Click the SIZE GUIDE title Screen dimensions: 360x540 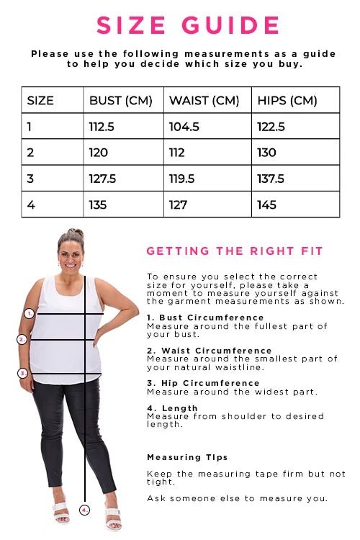[x=188, y=25]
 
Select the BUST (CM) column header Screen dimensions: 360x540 [x=120, y=101]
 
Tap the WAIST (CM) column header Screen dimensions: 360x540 [x=204, y=101]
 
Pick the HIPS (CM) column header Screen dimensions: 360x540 [x=287, y=101]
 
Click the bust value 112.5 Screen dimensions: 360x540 [x=102, y=127]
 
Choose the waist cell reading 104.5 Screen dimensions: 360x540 [x=184, y=127]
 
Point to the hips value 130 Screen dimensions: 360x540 [x=266, y=153]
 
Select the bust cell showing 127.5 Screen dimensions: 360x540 [x=102, y=179]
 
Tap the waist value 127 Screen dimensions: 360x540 [x=178, y=205]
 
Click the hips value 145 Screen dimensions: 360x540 [x=266, y=205]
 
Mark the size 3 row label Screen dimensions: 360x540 [x=30, y=179]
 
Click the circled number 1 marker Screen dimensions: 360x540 [x=30, y=313]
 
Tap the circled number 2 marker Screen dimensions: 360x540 [x=22, y=340]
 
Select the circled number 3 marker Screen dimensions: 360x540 [x=23, y=373]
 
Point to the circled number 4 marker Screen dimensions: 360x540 [x=84, y=510]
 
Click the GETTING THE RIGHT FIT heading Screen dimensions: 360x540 [x=234, y=251]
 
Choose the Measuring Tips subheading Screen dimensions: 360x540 [x=187, y=457]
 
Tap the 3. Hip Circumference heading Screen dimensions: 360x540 [x=203, y=383]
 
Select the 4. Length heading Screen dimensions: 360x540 [x=172, y=408]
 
